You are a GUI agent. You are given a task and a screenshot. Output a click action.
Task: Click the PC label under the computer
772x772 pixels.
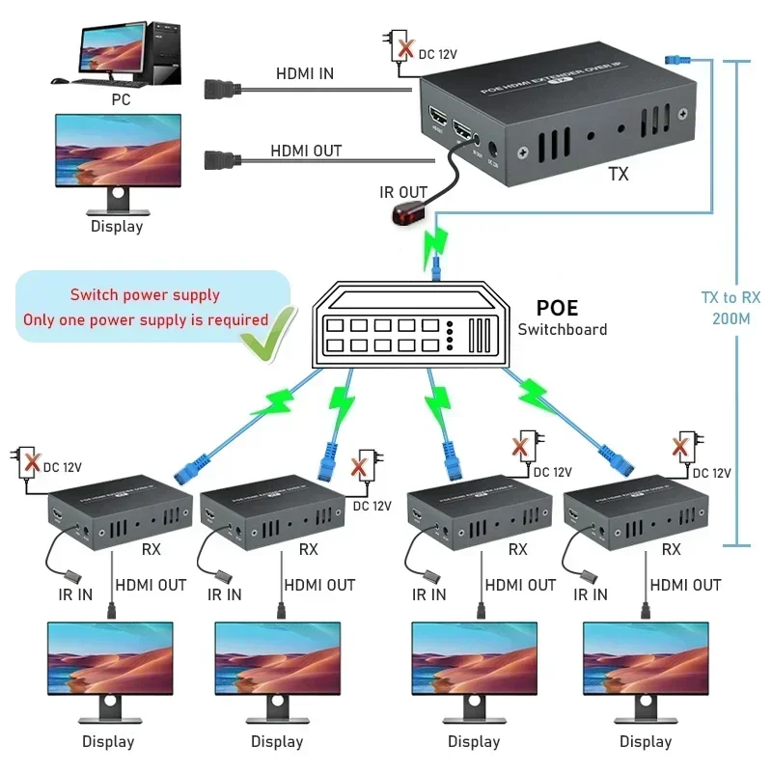coord(120,98)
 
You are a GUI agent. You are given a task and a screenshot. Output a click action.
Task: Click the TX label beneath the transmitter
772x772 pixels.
coord(619,175)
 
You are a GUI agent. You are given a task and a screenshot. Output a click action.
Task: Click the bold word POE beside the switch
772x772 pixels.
coord(557,308)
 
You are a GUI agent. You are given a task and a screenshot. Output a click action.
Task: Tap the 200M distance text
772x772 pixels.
coord(731,317)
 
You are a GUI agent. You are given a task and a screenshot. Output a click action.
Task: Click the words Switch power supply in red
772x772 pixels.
coord(145,295)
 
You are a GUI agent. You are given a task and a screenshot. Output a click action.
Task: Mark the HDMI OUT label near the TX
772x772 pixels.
coord(305,152)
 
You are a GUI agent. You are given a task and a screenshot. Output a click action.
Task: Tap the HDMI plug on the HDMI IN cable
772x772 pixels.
coord(222,92)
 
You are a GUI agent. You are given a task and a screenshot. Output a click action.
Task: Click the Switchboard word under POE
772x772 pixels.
coord(563,330)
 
